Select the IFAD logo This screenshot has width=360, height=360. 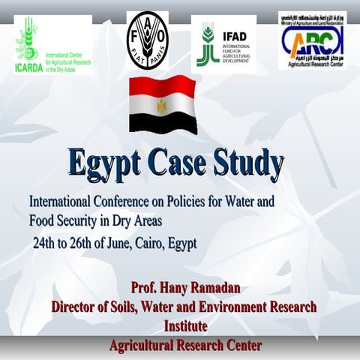223,43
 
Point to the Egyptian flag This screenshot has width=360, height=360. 162,104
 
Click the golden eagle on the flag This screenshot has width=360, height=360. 162,106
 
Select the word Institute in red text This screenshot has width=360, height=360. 185,326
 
